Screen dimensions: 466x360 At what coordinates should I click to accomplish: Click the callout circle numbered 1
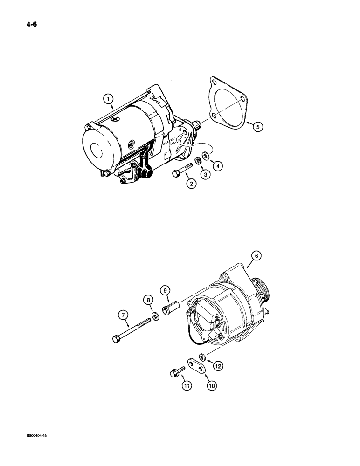108,98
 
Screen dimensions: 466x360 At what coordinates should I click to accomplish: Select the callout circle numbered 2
190,184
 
